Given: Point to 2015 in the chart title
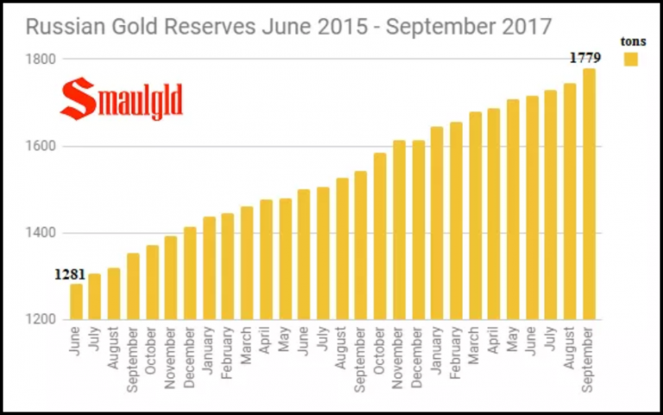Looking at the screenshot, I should [x=337, y=27].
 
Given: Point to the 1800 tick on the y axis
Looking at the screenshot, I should [x=41, y=59].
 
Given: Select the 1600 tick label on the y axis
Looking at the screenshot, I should [x=41, y=146].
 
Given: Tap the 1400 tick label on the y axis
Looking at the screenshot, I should [x=41, y=233].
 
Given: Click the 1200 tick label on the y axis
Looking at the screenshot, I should [x=41, y=320].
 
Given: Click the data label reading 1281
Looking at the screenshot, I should [x=69, y=275].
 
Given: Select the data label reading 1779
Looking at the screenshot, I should [x=584, y=58].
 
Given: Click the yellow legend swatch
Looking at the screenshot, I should [x=631, y=59].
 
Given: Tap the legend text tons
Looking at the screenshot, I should [x=633, y=41].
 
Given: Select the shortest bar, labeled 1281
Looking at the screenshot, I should [x=76, y=302].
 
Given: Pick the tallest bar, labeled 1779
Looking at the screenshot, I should [x=589, y=195].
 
